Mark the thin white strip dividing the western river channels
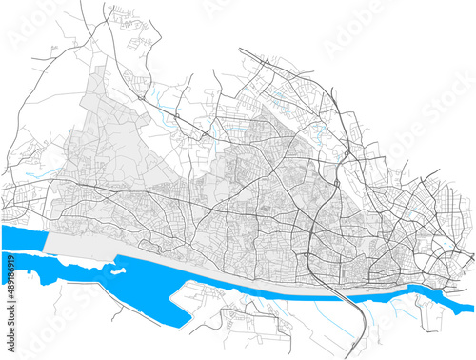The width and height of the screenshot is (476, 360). tap(29, 250)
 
